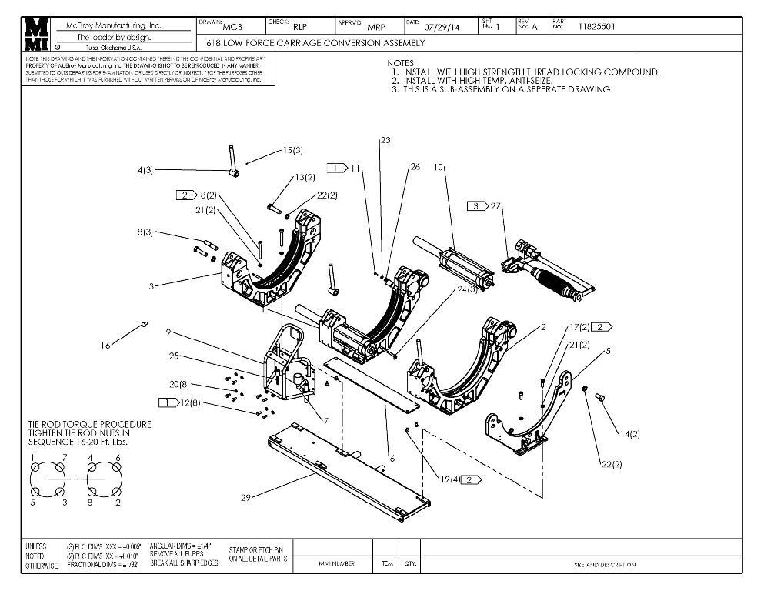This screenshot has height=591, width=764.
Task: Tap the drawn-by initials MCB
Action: click(x=232, y=28)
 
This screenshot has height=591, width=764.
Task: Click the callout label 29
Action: click(x=245, y=498)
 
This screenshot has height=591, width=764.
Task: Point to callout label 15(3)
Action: click(x=292, y=150)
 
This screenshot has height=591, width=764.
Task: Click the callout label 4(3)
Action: click(x=145, y=170)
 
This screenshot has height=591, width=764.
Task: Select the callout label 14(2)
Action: click(x=629, y=435)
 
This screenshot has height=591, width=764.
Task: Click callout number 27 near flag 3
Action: click(x=495, y=205)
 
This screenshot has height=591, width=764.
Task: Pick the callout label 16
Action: click(x=105, y=346)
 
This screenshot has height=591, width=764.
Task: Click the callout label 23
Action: click(x=385, y=140)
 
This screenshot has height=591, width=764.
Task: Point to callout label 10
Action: click(x=439, y=167)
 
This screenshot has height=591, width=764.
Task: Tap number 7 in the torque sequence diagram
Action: click(x=64, y=458)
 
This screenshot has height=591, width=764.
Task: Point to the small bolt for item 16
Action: click(x=143, y=326)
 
